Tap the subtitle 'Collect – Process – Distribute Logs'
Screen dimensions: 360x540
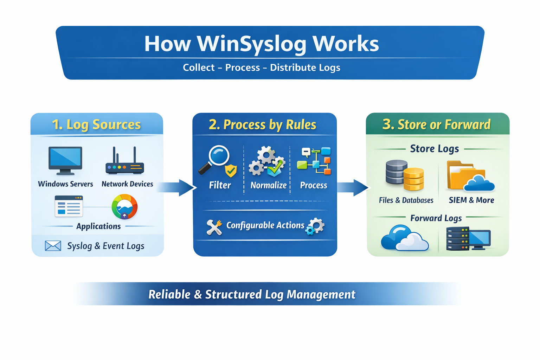point(262,67)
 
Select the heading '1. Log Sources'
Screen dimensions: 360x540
point(96,124)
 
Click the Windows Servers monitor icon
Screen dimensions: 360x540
point(65,160)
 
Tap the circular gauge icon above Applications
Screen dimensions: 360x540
point(124,207)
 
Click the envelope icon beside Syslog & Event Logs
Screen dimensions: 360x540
point(53,246)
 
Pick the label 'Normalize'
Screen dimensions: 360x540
point(268,185)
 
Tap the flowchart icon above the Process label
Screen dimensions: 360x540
point(314,161)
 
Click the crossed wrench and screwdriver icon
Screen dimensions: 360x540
point(214,227)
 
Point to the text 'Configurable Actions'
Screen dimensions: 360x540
point(265,225)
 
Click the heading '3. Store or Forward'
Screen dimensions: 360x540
point(436,124)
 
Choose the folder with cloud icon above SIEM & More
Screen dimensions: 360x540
point(470,176)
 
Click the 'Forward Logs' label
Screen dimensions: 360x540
point(436,218)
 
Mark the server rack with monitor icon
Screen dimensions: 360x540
point(468,238)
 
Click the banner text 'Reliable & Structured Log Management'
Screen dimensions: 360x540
point(252,294)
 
